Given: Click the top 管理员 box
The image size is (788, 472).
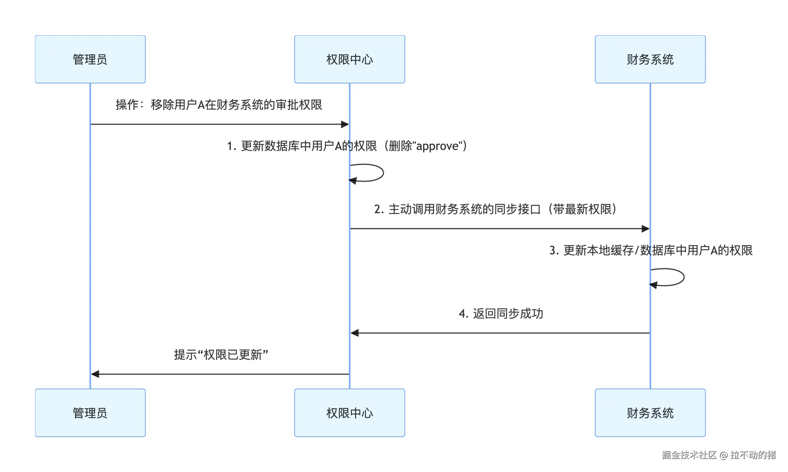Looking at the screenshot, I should (90, 59).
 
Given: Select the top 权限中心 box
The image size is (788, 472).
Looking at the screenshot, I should (350, 59).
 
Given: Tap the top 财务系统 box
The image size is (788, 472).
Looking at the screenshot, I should (650, 59).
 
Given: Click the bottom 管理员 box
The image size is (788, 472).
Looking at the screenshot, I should (90, 413).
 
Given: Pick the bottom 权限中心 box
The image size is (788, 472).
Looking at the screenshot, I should (350, 413).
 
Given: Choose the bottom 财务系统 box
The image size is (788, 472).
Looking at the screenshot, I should (650, 413).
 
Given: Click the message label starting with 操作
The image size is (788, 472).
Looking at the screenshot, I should (219, 105).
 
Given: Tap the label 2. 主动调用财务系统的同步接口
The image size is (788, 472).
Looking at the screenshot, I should (495, 209).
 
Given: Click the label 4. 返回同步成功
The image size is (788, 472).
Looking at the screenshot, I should (501, 314).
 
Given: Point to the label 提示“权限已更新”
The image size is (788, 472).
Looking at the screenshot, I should (221, 355).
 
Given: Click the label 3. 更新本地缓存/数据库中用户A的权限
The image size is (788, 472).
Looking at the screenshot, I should (651, 250).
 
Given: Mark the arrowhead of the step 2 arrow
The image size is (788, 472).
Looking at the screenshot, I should (645, 229).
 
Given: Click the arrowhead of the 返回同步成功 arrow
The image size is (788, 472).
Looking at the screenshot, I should (355, 333).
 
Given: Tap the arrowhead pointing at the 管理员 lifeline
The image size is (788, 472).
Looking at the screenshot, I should (95, 374).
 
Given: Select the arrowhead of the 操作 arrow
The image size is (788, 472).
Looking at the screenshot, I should (345, 124).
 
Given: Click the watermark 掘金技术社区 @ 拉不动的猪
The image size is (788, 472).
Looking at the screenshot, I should (719, 455).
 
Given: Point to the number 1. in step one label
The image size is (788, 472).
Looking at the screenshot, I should (231, 146).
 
